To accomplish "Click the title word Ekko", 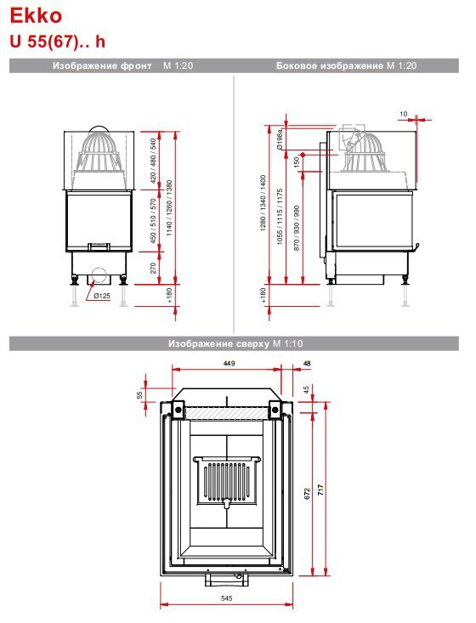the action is coord(36,16).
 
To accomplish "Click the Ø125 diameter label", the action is coord(102,296).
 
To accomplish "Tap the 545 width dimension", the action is coord(226,598).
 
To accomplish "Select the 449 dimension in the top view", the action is coord(229,363).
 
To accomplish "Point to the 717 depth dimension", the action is coord(320,489).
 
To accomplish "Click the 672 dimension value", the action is coord(307,494).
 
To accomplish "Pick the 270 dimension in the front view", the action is coord(153,268).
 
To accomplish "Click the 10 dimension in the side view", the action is coord(403,114).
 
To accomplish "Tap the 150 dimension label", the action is coord(296,161).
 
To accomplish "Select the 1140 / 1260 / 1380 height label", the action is coord(169,207).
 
